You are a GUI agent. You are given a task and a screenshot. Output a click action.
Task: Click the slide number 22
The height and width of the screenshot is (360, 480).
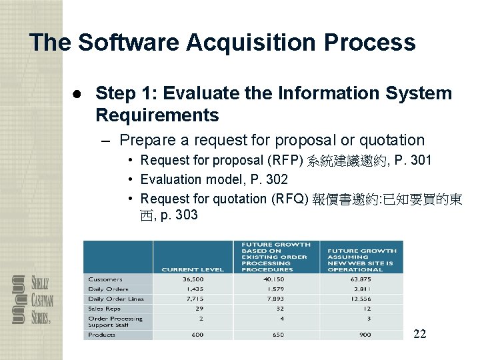click(419, 333)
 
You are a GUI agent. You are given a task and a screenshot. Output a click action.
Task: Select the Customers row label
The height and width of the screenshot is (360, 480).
click(105, 279)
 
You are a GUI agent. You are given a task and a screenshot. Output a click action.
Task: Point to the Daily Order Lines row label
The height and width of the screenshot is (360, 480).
click(116, 299)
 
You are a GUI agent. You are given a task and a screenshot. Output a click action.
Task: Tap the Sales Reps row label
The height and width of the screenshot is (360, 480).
click(104, 309)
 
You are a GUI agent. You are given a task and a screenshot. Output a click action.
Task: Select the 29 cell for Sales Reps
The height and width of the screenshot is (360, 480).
click(199, 309)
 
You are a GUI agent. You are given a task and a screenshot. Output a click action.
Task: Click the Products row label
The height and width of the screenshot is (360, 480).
click(101, 335)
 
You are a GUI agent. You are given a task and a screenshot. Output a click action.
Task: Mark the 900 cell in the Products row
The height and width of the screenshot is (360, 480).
click(365, 335)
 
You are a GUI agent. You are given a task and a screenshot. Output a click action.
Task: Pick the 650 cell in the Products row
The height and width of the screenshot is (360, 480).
click(279, 335)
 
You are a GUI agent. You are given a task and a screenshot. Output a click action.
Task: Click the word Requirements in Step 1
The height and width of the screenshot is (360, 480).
click(157, 115)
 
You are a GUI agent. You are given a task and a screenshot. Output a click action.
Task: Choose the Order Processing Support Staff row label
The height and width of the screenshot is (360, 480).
click(115, 322)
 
